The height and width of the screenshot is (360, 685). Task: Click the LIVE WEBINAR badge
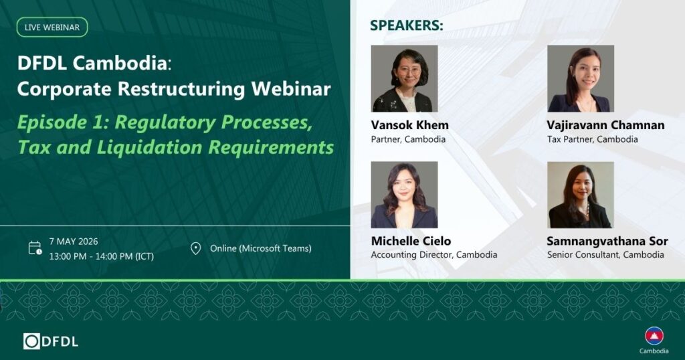52,27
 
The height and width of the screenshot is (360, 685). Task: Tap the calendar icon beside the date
35,248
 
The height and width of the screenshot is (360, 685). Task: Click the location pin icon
196,249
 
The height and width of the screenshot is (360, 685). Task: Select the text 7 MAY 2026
74,241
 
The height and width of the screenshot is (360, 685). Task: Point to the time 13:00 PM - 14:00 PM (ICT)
102,256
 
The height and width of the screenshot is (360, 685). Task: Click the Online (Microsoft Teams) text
261,248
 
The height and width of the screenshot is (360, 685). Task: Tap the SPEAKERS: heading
406,25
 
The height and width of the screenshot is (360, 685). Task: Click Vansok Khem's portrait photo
404,79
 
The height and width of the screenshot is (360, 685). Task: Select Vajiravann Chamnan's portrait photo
581,79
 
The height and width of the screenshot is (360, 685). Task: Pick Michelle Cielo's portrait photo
404,195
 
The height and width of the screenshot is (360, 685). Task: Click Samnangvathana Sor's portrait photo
581,195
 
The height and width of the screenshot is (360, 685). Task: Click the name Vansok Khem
410,125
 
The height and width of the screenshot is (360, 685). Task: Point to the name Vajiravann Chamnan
605,125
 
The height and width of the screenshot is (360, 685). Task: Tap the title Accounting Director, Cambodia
433,255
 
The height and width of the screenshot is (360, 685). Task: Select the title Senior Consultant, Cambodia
605,255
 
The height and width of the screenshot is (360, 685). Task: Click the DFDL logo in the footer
51,341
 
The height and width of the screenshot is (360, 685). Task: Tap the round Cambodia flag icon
654,336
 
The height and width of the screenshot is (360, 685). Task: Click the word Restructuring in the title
181,89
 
